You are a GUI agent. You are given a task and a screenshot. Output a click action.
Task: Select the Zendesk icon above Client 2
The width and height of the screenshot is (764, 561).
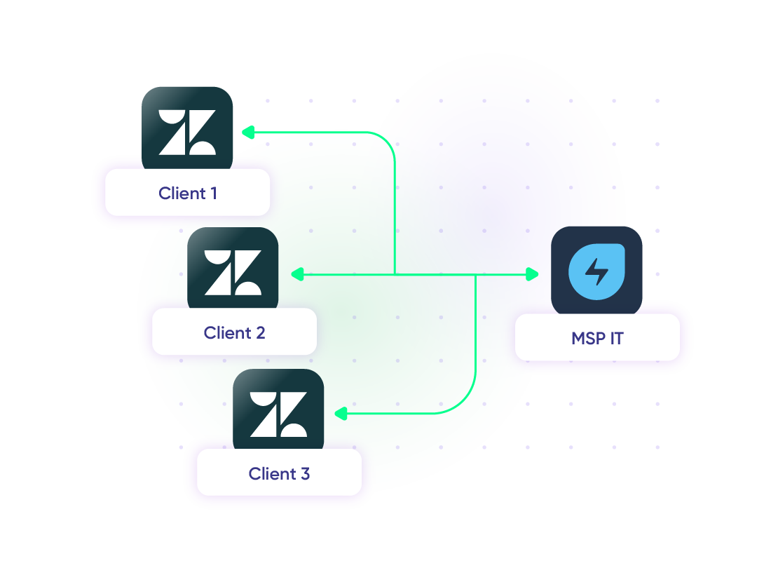[x=233, y=270]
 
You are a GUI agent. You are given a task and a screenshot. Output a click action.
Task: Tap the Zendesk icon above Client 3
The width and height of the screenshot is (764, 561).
[x=278, y=412]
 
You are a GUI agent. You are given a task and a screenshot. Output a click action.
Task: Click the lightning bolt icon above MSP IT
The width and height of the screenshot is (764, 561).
[x=596, y=271]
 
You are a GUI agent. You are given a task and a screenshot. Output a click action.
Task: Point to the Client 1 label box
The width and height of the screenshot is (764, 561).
[x=187, y=193]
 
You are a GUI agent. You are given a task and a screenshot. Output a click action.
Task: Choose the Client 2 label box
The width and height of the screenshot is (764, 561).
[x=234, y=332]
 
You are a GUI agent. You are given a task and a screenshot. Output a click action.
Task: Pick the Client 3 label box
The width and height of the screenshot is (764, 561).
[x=279, y=473]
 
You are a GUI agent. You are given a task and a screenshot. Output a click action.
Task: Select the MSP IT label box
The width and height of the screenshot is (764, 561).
[x=597, y=339]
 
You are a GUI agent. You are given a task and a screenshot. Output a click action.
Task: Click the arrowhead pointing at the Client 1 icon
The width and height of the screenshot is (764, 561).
[x=247, y=132]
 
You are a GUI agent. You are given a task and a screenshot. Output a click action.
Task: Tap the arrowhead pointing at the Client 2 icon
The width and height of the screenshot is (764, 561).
[x=297, y=275]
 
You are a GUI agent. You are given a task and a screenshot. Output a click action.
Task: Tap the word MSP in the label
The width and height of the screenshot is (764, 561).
[x=587, y=339]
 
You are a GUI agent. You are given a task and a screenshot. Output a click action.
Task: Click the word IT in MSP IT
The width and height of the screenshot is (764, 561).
[x=616, y=339]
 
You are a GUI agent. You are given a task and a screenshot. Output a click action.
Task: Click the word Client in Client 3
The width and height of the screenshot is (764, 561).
[x=270, y=473]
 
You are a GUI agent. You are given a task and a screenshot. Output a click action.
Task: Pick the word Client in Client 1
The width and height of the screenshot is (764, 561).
[x=182, y=193]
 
